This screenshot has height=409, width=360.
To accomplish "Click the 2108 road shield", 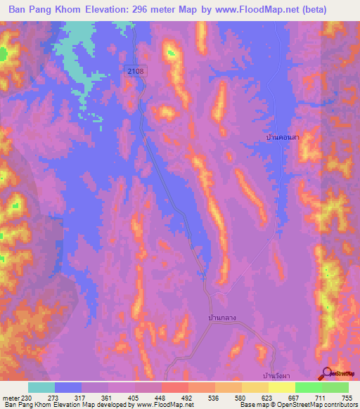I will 136,71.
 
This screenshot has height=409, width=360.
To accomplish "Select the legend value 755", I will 347,397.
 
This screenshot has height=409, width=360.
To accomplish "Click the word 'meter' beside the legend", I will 10,397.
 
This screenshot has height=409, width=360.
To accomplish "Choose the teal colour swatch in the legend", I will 41,387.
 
